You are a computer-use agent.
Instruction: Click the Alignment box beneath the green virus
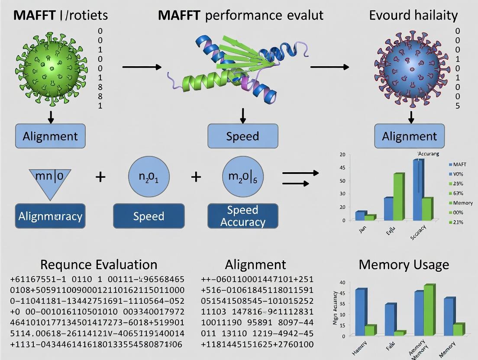tap(50, 136)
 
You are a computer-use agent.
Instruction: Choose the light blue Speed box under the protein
tap(242, 136)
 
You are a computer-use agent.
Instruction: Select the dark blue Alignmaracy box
tap(50, 216)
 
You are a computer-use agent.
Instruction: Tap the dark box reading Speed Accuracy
tap(242, 216)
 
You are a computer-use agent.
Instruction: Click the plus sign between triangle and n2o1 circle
tap(100, 177)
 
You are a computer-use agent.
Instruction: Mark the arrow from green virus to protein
tap(142, 67)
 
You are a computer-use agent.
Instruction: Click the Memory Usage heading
tap(404, 264)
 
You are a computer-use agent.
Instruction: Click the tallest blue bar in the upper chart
tap(417, 190)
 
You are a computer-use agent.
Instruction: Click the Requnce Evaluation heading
tap(99, 264)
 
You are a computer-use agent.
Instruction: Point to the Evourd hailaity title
tap(413, 16)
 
